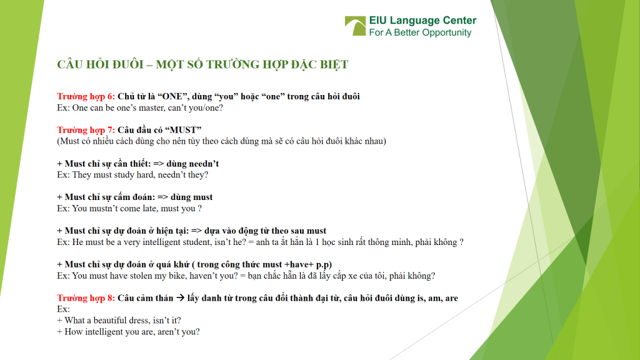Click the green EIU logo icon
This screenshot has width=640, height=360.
[x=356, y=26]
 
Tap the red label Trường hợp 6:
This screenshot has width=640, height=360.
[x=86, y=96]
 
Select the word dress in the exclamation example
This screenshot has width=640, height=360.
[x=151, y=321]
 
